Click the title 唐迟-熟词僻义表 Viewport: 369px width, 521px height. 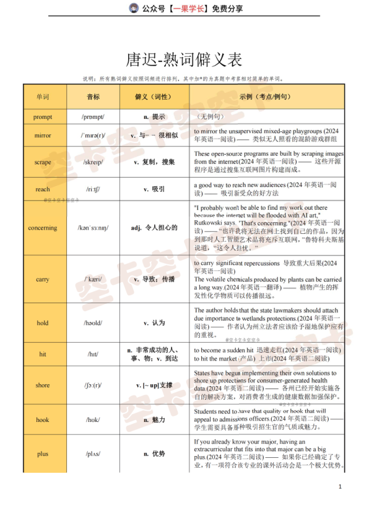pyautogui.click(x=184, y=60)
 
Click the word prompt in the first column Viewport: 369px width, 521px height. pyautogui.click(x=43, y=116)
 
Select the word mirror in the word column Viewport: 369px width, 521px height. pyautogui.click(x=43, y=135)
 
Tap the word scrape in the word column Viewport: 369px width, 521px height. pyautogui.click(x=43, y=162)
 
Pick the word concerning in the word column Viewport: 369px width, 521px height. pyautogui.click(x=43, y=228)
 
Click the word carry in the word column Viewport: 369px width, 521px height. pyautogui.click(x=43, y=279)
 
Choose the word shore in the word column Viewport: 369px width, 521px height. pyautogui.click(x=43, y=385)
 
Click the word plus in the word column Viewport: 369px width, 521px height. pyautogui.click(x=43, y=454)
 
